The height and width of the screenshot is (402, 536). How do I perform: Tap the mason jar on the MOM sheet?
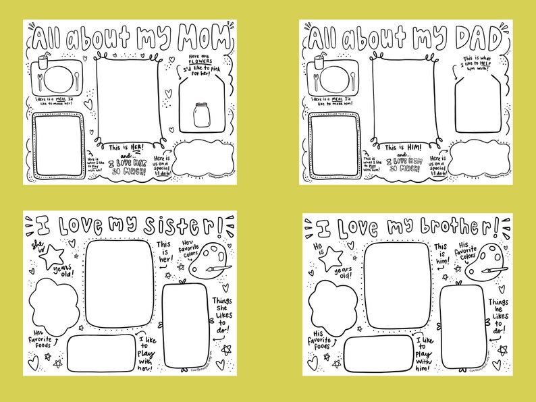200,115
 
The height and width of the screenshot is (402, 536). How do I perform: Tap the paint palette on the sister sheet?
205,260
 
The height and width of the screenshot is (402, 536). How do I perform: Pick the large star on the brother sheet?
331,257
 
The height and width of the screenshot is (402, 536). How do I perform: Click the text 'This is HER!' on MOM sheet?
126,146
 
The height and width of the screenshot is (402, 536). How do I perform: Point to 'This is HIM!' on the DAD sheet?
404,147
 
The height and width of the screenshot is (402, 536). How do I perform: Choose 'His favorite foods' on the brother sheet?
321,339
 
